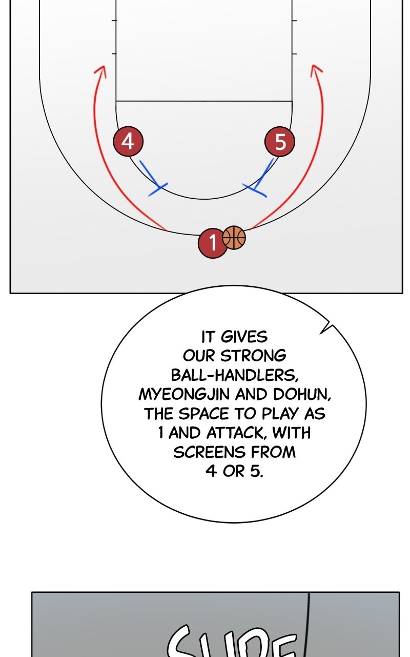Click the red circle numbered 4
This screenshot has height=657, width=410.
pyautogui.click(x=128, y=141)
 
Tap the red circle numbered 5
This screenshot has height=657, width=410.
pyautogui.click(x=280, y=142)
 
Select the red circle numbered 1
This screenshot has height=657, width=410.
pyautogui.click(x=212, y=243)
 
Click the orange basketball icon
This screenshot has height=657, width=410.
pyautogui.click(x=234, y=238)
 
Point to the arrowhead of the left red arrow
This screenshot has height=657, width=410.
pyautogui.click(x=100, y=71)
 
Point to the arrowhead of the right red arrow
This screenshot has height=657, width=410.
pyautogui.click(x=316, y=69)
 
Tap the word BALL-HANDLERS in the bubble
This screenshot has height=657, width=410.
pyautogui.click(x=234, y=375)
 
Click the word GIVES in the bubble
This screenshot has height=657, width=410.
pyautogui.click(x=244, y=337)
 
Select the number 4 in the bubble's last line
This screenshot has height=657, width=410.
pyautogui.click(x=211, y=471)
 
